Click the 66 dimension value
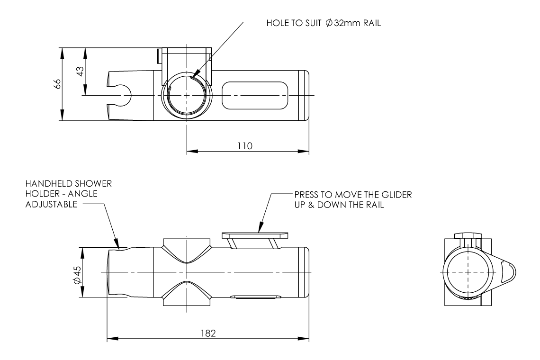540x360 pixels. point(57,84)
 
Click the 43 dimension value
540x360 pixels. point(80,72)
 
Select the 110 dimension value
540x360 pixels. point(245,145)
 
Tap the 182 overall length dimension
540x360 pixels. point(208,333)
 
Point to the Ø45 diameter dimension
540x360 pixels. point(77,274)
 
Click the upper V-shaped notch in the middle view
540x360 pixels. point(187,252)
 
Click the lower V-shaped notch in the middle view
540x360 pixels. point(187,294)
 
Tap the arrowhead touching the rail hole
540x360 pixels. point(195,74)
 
